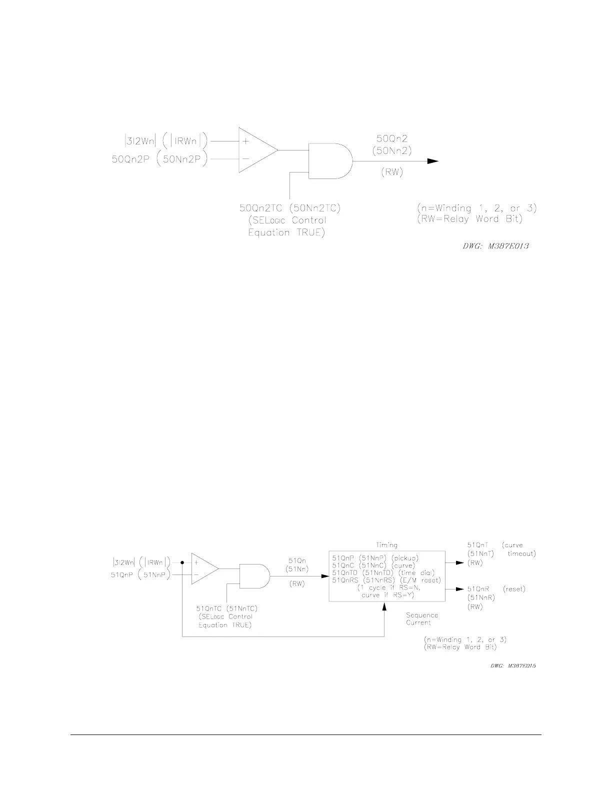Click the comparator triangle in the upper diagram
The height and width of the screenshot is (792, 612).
pyautogui.click(x=255, y=150)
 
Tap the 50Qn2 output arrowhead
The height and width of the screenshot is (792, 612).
pyautogui.click(x=432, y=161)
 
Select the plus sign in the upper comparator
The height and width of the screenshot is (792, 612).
pyautogui.click(x=245, y=141)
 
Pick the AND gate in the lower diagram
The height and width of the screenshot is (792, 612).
pyautogui.click(x=254, y=576)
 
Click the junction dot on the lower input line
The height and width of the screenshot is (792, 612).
pyautogui.click(x=182, y=562)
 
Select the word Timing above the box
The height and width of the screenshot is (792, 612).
pyautogui.click(x=386, y=545)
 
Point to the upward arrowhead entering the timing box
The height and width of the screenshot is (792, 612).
pyautogui.click(x=384, y=606)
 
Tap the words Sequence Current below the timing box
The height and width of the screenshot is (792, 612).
pyautogui.click(x=421, y=619)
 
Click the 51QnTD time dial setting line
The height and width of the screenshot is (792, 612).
pyautogui.click(x=383, y=572)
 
